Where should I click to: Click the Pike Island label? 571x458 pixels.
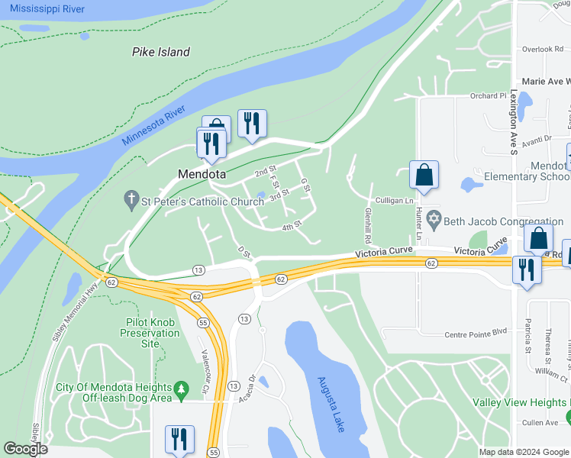[x=161, y=52]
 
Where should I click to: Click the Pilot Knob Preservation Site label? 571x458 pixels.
[x=150, y=333]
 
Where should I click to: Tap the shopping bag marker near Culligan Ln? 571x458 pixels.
[x=424, y=175]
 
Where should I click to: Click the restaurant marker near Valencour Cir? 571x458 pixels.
[x=179, y=440]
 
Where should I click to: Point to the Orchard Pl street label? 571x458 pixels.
[x=488, y=96]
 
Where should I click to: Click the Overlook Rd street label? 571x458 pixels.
[x=543, y=49]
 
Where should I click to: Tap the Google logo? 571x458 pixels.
[x=25, y=449]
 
